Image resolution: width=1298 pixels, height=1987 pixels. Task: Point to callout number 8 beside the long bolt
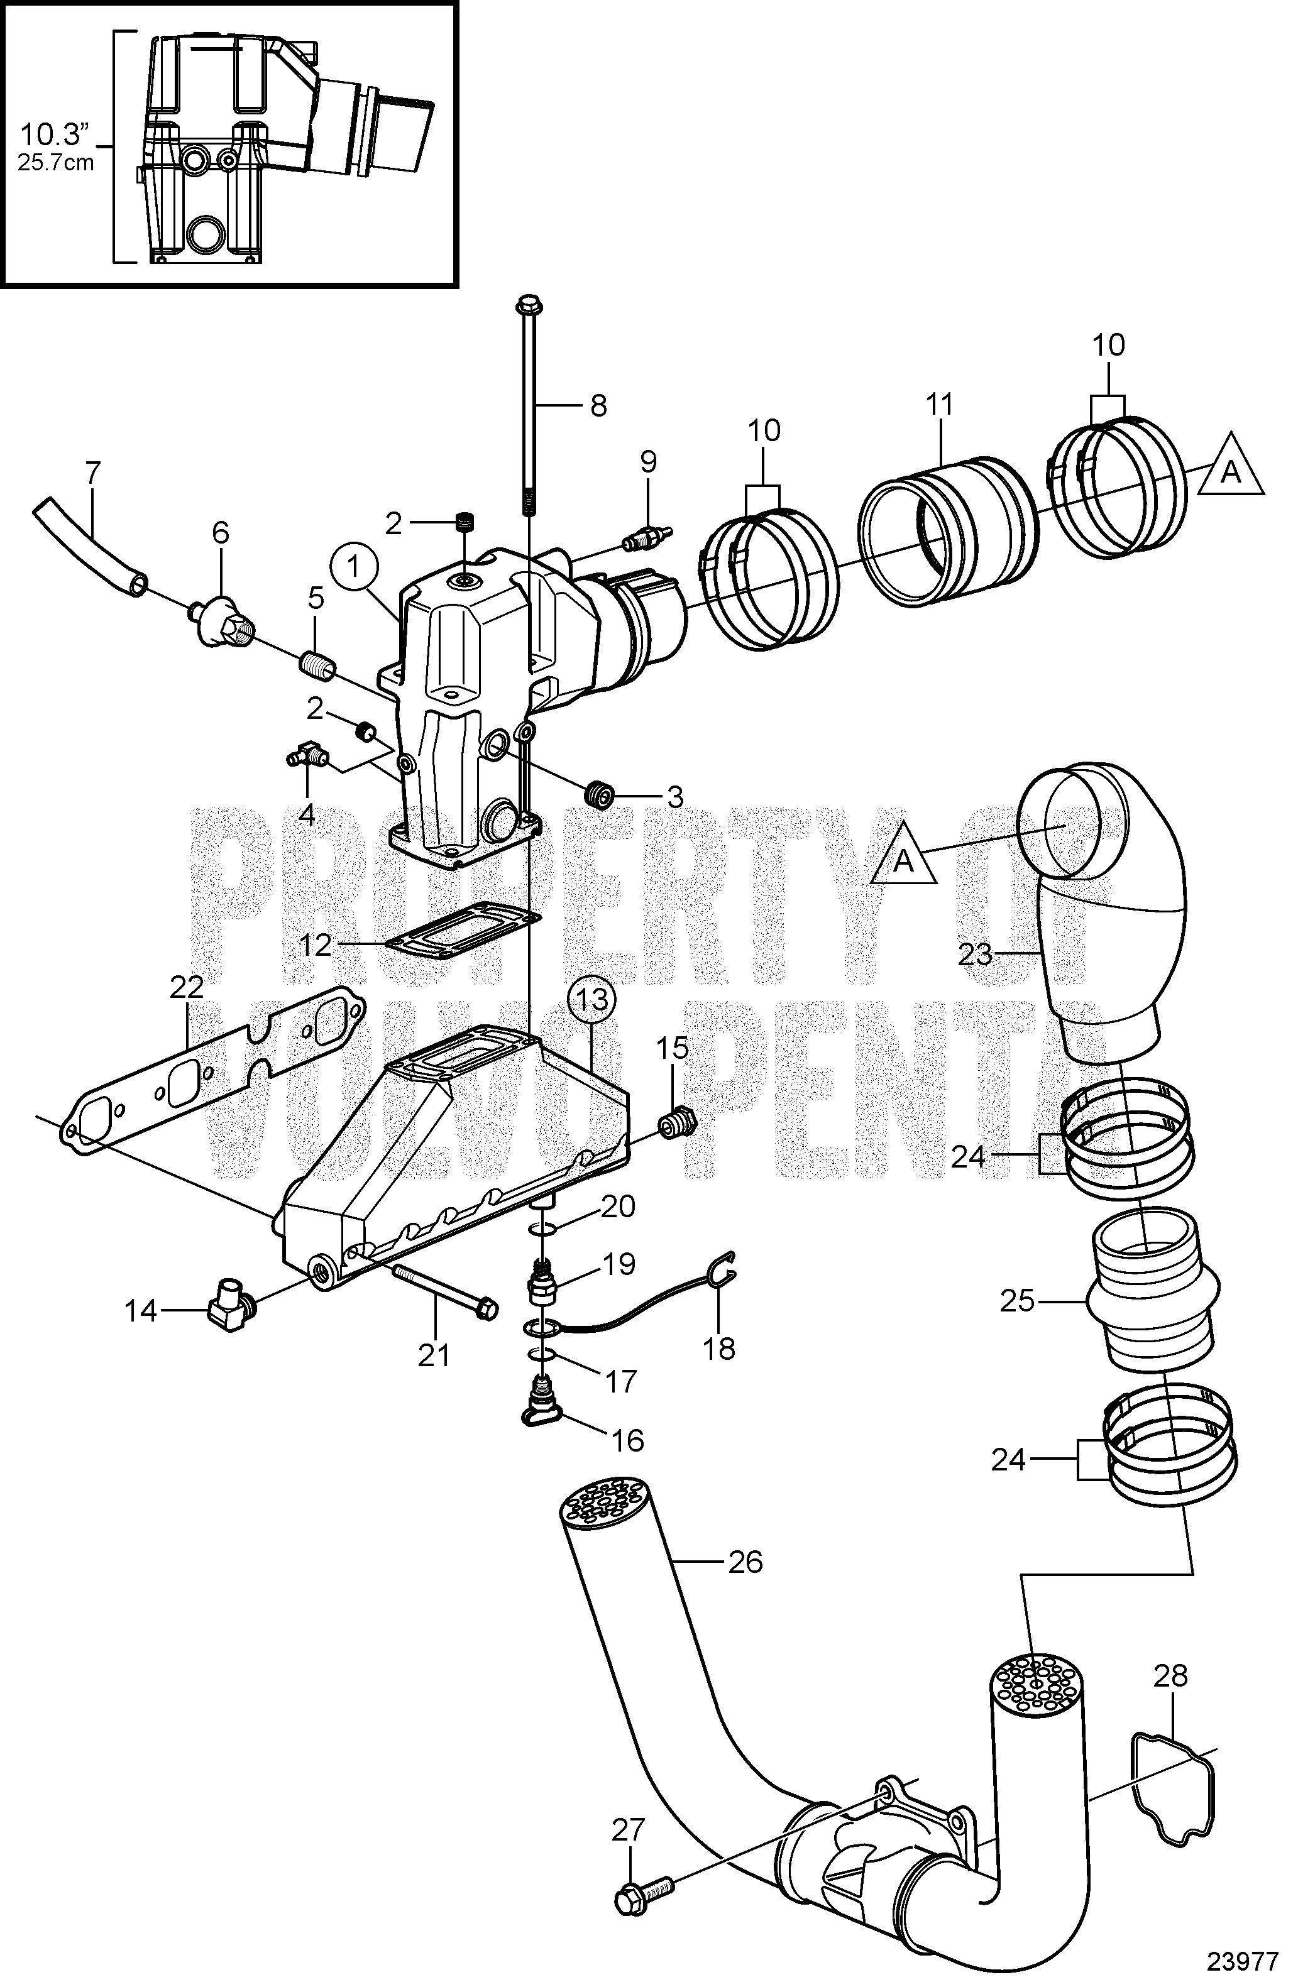click(597, 407)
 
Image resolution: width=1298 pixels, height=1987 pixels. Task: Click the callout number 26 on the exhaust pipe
click(745, 1561)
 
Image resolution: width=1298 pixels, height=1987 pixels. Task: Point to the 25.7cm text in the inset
click(56, 162)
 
